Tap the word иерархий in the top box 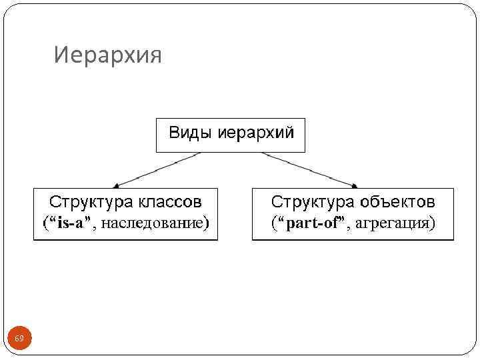[x=255, y=133]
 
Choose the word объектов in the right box [x=398, y=201]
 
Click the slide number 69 [x=19, y=339]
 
